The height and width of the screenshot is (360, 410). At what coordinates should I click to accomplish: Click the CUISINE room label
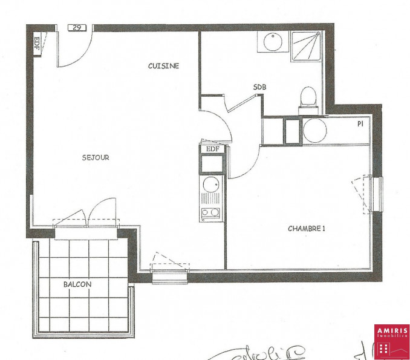pyautogui.click(x=163, y=66)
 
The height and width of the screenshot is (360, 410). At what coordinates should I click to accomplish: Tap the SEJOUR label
pyautogui.click(x=96, y=158)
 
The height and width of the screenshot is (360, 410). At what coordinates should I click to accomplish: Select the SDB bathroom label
pyautogui.click(x=259, y=87)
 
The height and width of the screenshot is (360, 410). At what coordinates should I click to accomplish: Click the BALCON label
pyautogui.click(x=77, y=284)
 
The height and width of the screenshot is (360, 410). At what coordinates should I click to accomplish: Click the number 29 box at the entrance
pyautogui.click(x=77, y=27)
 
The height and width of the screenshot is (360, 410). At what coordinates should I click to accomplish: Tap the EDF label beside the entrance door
pyautogui.click(x=36, y=43)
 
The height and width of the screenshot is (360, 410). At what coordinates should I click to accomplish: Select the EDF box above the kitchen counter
pyautogui.click(x=212, y=149)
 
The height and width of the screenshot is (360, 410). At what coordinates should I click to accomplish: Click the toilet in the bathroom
pyautogui.click(x=308, y=99)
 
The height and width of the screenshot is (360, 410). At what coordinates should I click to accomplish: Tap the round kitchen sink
pyautogui.click(x=212, y=185)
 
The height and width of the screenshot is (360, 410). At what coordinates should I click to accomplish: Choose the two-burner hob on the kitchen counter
pyautogui.click(x=212, y=212)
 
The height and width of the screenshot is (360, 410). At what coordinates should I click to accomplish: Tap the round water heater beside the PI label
pyautogui.click(x=314, y=129)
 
